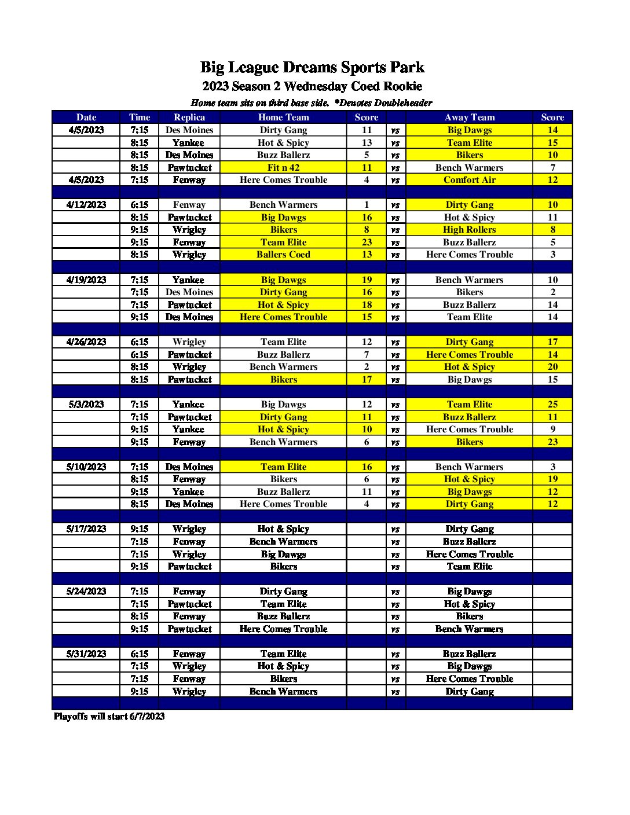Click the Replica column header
189,117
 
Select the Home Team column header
283,117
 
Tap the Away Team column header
470,117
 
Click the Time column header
140,117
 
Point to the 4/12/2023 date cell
86,204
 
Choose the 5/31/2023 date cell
86,654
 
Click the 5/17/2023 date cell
86,528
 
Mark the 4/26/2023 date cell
86,342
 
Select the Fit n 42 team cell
283,167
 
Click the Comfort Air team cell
470,179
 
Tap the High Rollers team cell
470,229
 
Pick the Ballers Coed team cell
283,254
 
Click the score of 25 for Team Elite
552,404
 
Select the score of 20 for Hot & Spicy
552,366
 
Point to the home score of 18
367,304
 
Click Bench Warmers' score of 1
367,204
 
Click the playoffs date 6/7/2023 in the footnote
147,716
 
